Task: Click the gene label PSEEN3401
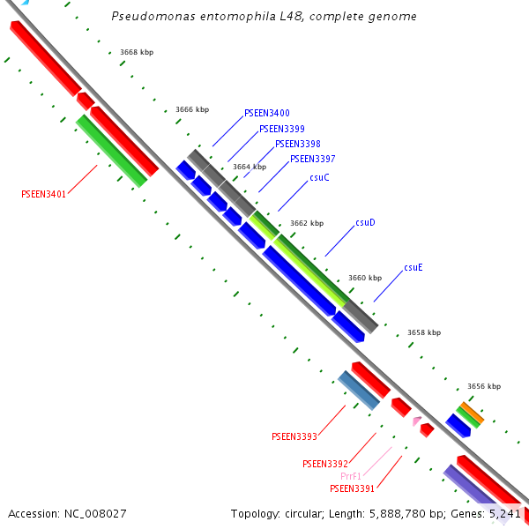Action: [43, 194]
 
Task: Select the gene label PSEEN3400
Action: [266, 113]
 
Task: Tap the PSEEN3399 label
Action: [282, 129]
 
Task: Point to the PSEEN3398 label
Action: [297, 144]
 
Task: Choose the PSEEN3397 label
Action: [312, 159]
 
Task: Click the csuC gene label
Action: [319, 177]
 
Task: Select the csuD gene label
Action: [365, 222]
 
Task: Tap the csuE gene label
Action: [414, 267]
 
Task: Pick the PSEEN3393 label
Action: [294, 436]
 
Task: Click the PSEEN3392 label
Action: [324, 464]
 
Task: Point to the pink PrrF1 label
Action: [351, 476]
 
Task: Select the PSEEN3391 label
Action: [353, 488]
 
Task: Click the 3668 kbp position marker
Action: [137, 53]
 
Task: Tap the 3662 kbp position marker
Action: [307, 223]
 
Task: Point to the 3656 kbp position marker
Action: [484, 386]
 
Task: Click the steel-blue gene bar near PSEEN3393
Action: [359, 390]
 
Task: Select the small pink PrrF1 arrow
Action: [416, 421]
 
